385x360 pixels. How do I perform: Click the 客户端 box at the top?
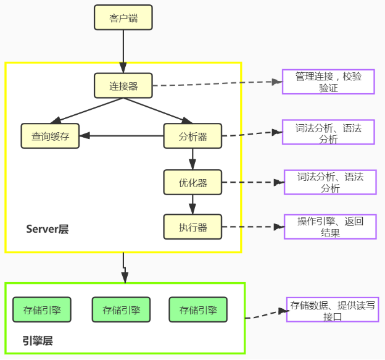point(123,18)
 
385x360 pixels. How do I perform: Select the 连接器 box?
point(123,86)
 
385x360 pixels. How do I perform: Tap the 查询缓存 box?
point(51,136)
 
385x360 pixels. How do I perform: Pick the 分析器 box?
point(192,136)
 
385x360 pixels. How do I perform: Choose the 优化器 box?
point(192,182)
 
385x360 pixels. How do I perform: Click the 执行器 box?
point(192,227)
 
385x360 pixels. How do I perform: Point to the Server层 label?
point(47,229)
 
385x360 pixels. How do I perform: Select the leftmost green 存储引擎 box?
point(41,309)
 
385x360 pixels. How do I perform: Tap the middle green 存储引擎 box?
point(121,309)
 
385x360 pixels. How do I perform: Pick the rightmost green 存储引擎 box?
point(198,309)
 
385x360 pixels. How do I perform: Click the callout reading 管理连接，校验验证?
point(328,82)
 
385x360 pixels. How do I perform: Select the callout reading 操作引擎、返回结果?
point(330,227)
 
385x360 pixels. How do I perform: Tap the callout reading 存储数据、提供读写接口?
point(331,310)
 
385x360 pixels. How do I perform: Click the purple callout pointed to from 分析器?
point(328,133)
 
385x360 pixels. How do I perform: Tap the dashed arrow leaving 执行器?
point(250,227)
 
